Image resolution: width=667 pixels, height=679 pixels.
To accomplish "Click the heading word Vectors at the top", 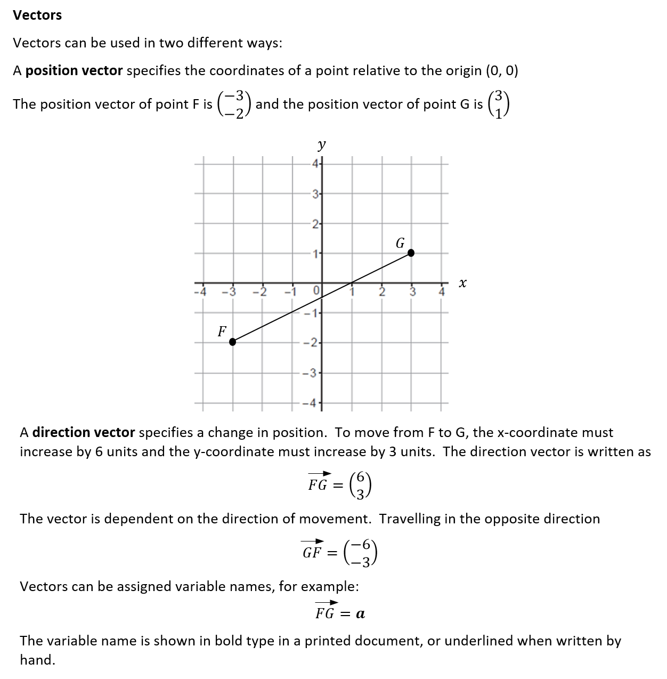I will click(37, 15).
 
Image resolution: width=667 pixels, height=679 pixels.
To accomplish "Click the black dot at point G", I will click(411, 253).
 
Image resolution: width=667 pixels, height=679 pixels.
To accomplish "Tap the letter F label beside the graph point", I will click(222, 332).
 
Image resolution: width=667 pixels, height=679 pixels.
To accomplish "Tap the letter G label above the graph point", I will click(400, 243).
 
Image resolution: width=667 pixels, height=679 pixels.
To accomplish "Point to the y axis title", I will click(321, 144).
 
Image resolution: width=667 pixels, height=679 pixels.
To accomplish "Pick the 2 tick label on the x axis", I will click(381, 292).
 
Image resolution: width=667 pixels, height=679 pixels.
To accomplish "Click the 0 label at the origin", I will click(316, 292).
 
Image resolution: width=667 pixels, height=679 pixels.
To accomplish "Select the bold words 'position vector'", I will click(74, 71).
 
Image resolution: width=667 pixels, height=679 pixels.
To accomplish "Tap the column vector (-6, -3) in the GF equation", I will click(361, 552).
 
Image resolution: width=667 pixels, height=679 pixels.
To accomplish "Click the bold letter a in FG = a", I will click(360, 614).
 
